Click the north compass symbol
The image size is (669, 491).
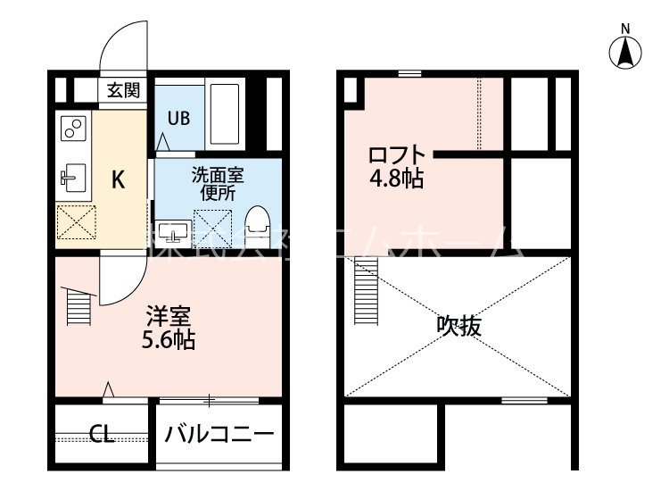click(626, 52)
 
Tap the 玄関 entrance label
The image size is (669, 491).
click(123, 89)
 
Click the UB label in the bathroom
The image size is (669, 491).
click(178, 116)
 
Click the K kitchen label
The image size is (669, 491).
click(117, 179)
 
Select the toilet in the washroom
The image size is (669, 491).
click(257, 227)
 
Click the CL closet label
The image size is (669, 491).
click(101, 436)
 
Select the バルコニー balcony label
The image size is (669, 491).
click(219, 436)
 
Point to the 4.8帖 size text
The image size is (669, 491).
click(397, 178)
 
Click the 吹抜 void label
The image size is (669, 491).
click(459, 326)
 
